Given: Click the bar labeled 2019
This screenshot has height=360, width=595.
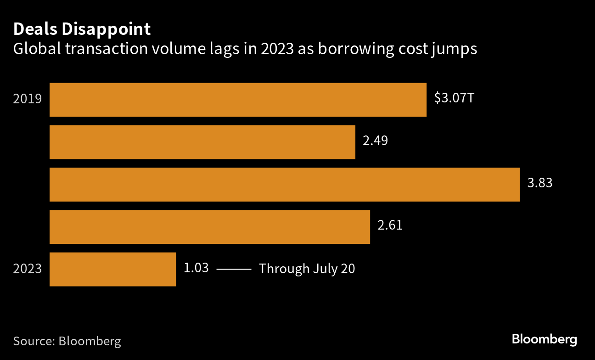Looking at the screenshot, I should pos(238,100).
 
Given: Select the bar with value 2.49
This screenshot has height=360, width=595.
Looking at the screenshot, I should pos(202,142).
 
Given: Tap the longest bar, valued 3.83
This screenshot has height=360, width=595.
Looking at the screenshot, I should pos(285,185).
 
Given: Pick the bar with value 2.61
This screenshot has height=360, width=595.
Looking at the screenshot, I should pos(209,227).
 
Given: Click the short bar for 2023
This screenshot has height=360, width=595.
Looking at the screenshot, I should pos(112,269).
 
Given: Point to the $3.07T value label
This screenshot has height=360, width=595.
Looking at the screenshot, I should pos(454,98).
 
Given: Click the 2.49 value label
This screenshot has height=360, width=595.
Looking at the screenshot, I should pos(375,141).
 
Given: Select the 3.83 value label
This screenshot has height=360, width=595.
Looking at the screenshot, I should pos(540,183).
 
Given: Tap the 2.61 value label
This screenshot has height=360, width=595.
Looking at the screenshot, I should pos(390,225).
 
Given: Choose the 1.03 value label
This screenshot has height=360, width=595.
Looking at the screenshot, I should pos(196,268).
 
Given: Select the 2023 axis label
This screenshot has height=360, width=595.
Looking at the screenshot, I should pos(28,269).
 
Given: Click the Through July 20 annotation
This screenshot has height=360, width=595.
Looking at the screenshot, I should pos(307,269).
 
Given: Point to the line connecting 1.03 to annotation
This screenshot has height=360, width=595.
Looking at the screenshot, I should pos(234,269).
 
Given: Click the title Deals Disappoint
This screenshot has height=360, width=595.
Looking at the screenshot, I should pos(82,29).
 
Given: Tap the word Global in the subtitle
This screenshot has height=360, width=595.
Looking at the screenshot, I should pos(35,50).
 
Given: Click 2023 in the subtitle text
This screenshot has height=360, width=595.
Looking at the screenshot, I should pos(278,50).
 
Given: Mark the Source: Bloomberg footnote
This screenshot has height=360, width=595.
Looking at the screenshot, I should pos(67,341).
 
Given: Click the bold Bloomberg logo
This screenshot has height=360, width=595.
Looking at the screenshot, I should pos(544,340).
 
